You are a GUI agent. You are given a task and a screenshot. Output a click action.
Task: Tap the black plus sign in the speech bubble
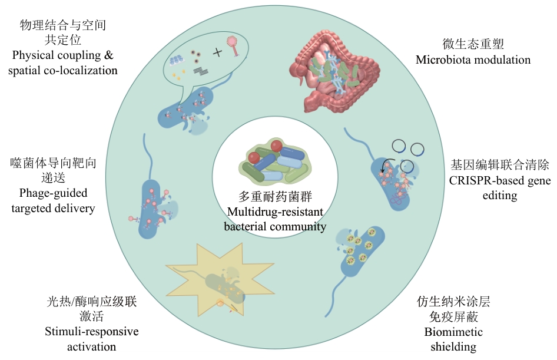point(218,52)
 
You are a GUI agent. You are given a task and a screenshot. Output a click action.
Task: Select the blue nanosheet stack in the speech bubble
point(177,59)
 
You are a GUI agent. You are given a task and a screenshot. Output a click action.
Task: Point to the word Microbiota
point(443,60)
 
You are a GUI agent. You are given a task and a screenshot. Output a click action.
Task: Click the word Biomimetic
point(453,332)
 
